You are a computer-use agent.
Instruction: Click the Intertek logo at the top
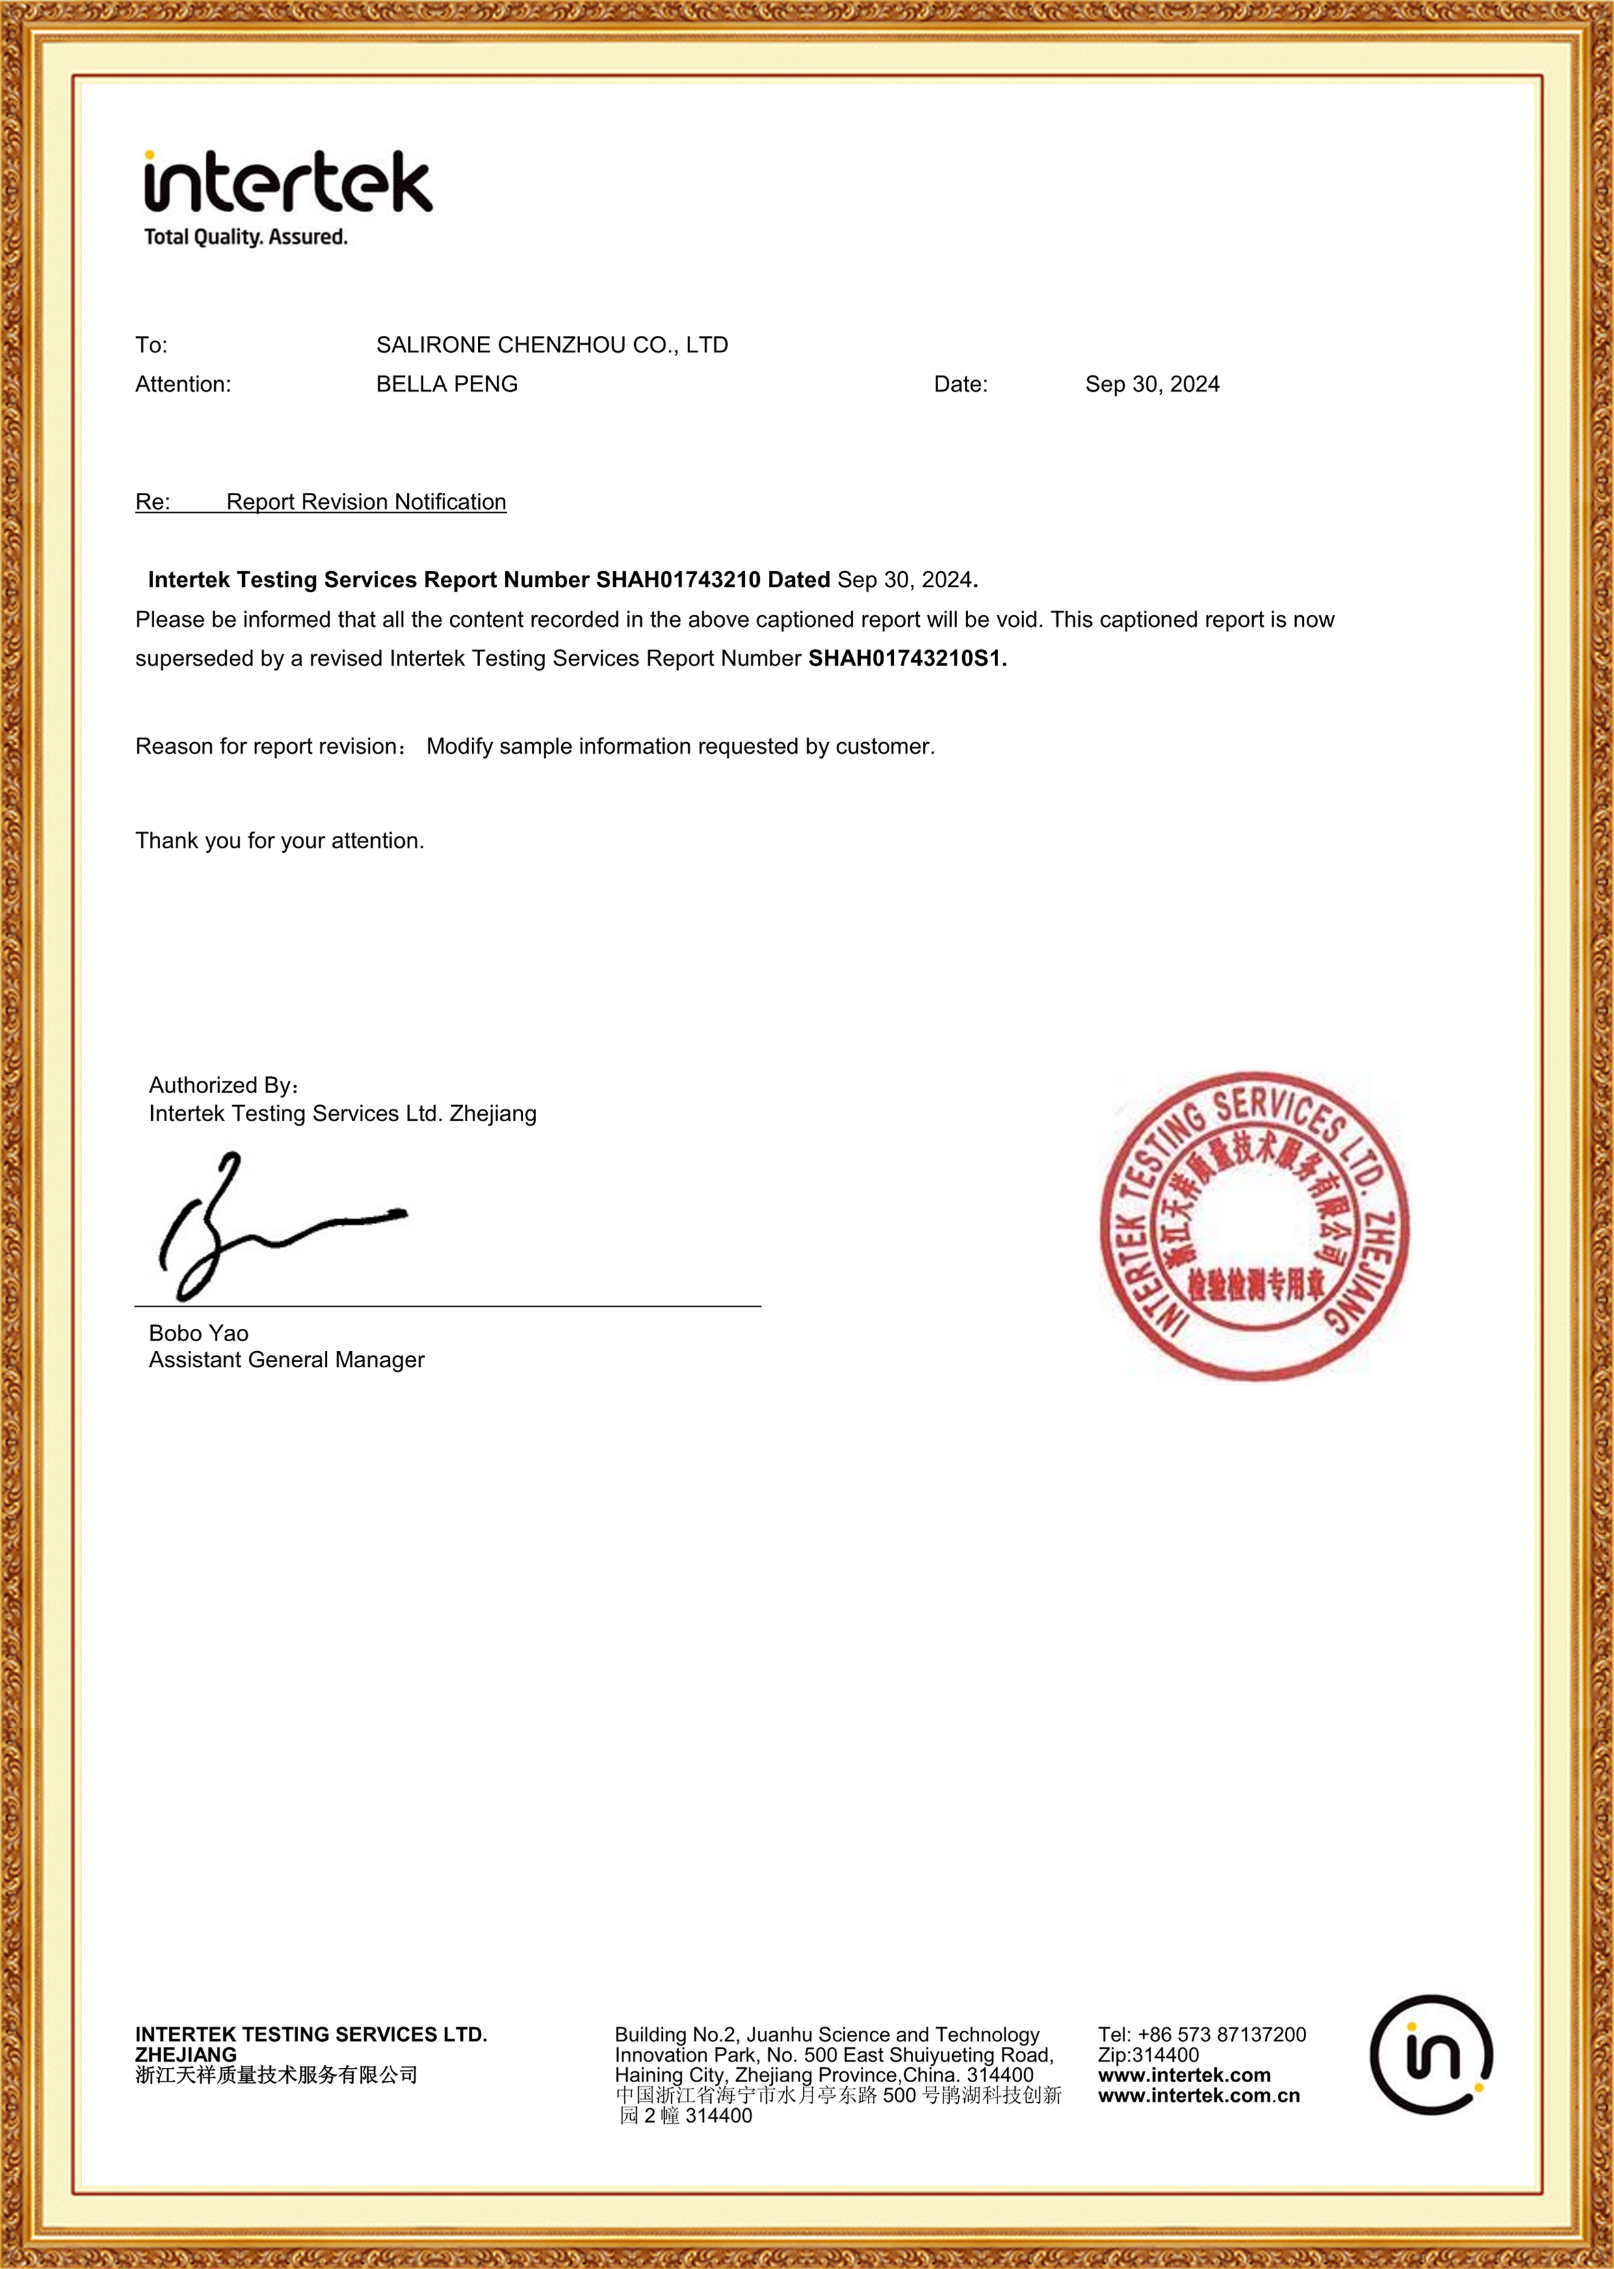pos(288,183)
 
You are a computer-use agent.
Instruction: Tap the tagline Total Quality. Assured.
pos(245,238)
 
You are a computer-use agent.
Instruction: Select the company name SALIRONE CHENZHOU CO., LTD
pos(551,345)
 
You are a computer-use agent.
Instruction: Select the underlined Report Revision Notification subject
pos(366,502)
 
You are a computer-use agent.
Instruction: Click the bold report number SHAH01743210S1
pos(906,659)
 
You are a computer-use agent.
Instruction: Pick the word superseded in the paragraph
pos(194,659)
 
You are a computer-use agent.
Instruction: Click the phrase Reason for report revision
pos(266,746)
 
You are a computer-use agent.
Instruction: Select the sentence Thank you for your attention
pos(279,841)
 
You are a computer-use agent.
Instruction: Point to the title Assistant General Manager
pos(286,1359)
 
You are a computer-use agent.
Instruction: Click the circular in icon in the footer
pos(1431,2054)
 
